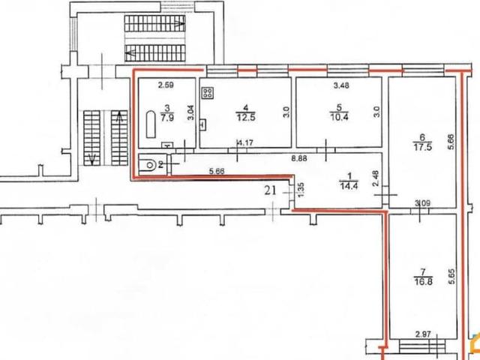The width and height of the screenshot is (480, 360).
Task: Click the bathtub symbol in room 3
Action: pos(151,124)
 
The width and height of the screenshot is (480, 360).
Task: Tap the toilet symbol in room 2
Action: pos(148,165)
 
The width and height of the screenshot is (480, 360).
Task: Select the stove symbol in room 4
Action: pos(208,93)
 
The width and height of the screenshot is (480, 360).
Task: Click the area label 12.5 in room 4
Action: pos(246,117)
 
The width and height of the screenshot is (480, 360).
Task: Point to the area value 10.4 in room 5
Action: pos(339,117)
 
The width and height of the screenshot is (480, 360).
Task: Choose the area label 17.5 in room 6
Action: pos(423,147)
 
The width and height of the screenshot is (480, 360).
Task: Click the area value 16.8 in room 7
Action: pos(423,282)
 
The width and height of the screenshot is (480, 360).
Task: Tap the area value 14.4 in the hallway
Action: pos(349,186)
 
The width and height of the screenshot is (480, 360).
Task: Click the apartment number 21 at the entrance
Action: pos(271,190)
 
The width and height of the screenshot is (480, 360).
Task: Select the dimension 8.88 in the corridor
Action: pos(300,158)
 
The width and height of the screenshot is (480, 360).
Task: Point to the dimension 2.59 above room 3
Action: pos(166,85)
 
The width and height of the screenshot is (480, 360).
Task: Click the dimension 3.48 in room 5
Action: pos(341,85)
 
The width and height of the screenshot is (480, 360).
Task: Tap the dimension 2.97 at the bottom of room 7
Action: pos(423,334)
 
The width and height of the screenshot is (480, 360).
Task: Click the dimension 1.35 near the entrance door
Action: pos(301,190)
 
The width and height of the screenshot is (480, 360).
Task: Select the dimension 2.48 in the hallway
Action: pos(376,178)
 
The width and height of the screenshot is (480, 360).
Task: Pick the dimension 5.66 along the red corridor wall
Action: pos(217,171)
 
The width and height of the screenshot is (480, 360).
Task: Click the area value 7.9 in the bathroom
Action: pos(167,117)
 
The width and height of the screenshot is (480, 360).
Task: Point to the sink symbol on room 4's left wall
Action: pos(202,124)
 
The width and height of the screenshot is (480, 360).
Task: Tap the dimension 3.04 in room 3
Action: pos(190,112)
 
